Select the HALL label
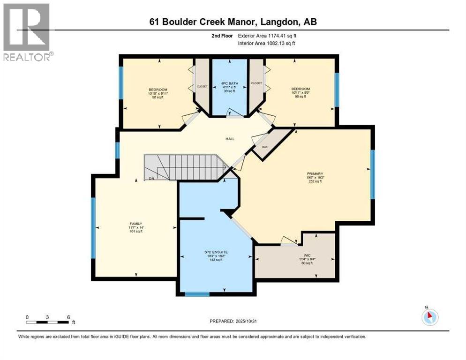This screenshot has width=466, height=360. coord(230,139)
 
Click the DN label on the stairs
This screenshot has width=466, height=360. coord(151,179)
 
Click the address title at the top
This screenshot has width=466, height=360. coord(233,22)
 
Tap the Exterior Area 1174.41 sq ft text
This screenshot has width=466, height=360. coord(267,36)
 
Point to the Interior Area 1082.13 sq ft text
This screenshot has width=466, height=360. coord(266,43)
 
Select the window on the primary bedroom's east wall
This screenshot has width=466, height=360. coord(373,174)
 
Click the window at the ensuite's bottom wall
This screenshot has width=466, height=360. coord(197,294)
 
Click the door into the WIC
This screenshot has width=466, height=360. coord(288,241)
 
